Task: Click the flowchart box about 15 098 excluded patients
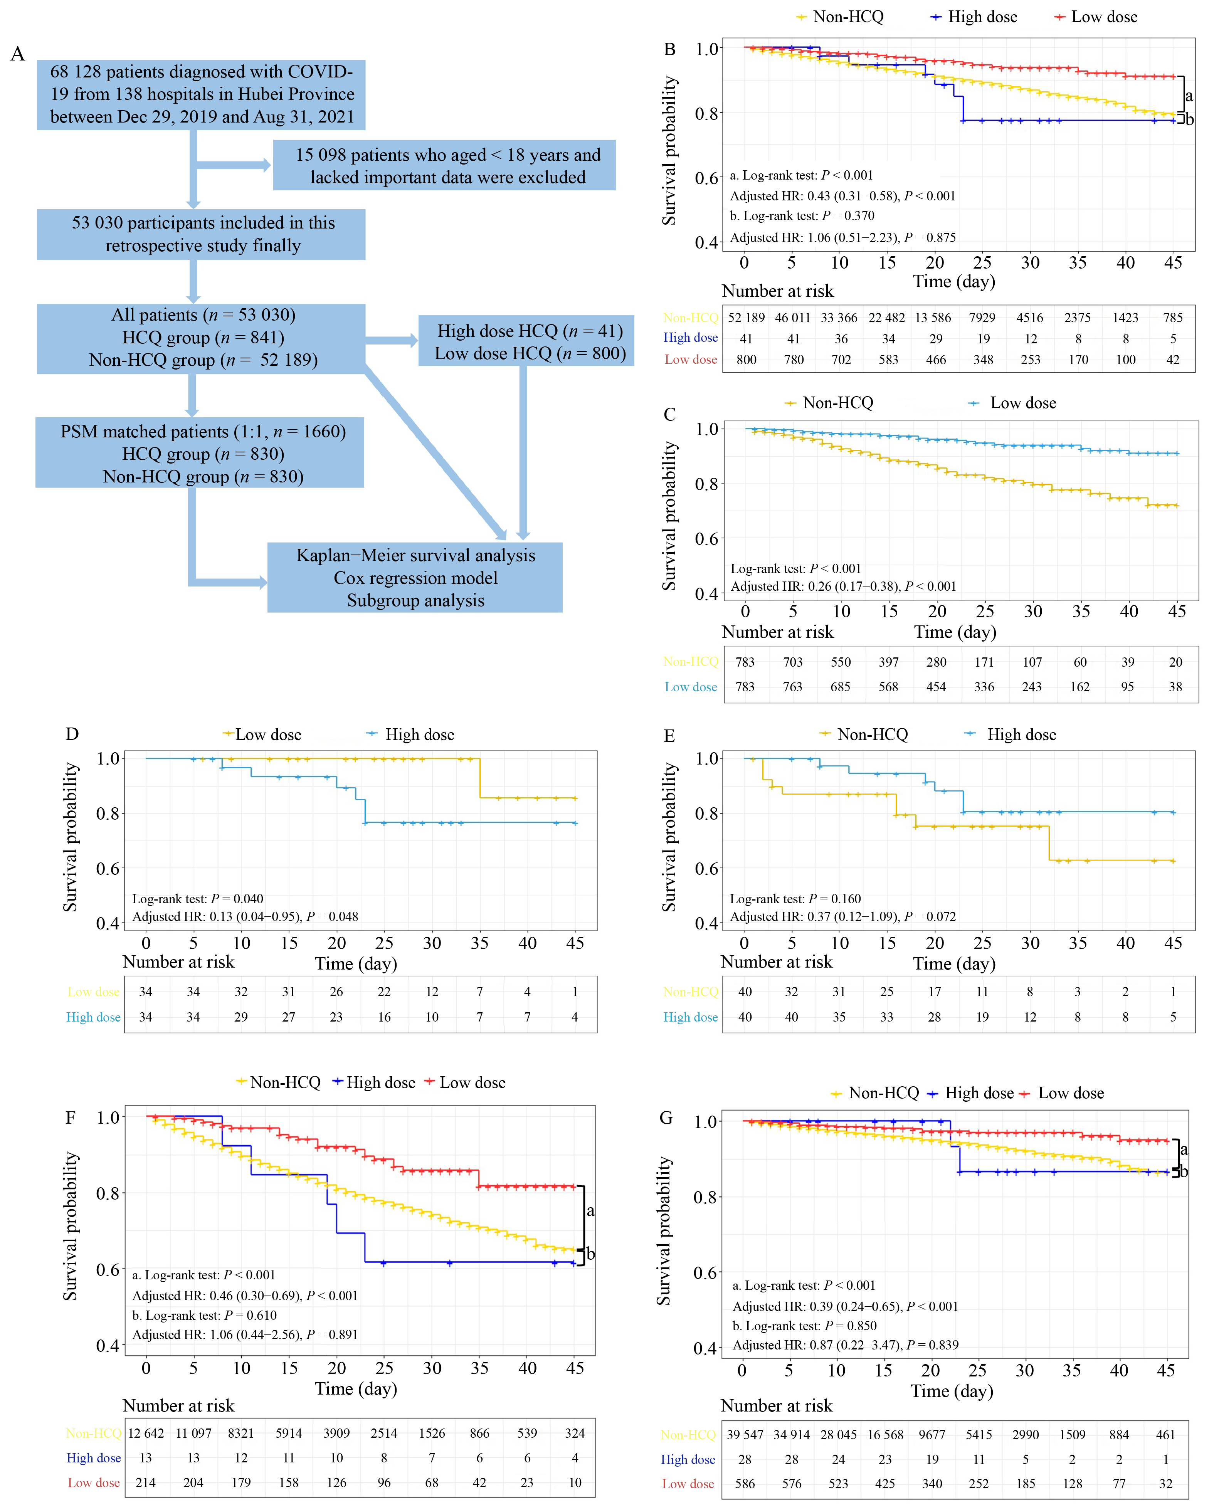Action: pos(444,166)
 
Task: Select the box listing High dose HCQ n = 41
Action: pos(526,341)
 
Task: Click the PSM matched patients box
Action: pos(200,453)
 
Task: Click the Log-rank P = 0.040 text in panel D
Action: pos(198,899)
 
